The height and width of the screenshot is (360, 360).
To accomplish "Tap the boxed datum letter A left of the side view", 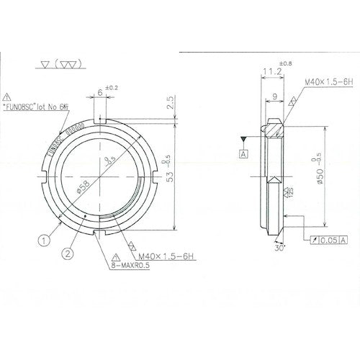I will [x=244, y=153].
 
